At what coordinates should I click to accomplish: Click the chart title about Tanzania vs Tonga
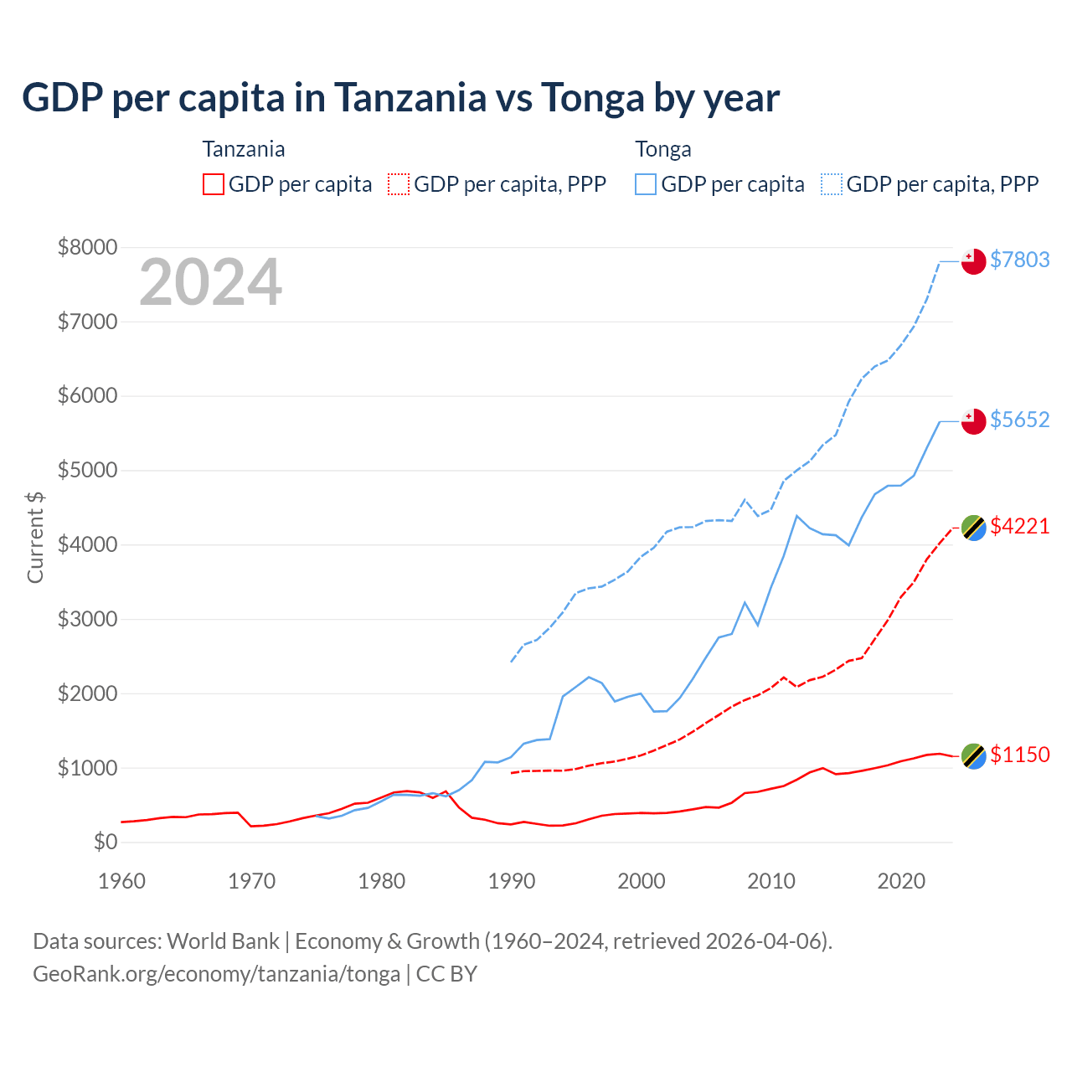click(400, 98)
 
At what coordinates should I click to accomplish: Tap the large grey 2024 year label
click(210, 283)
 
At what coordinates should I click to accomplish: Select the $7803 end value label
click(1019, 260)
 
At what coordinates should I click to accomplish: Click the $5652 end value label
click(1019, 420)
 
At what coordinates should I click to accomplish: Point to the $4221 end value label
click(1019, 526)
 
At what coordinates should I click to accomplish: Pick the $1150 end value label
click(1019, 755)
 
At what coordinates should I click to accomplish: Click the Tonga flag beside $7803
click(973, 261)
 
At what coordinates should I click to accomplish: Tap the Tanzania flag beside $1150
click(973, 756)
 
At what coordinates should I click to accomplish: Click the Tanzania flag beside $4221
click(973, 528)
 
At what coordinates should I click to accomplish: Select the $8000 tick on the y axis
click(87, 247)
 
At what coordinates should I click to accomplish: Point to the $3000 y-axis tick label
click(87, 619)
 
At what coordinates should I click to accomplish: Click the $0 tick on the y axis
click(105, 842)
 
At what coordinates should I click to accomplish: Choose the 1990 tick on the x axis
click(512, 881)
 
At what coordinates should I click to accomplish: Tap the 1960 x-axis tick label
click(122, 881)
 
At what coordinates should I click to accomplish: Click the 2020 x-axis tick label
click(901, 881)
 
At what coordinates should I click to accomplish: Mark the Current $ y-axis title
click(35, 537)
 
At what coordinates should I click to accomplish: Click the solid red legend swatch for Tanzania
click(214, 184)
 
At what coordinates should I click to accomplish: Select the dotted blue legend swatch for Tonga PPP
click(832, 184)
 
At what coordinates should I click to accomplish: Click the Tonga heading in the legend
click(663, 149)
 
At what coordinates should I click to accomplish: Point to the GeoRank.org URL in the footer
click(216, 974)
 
